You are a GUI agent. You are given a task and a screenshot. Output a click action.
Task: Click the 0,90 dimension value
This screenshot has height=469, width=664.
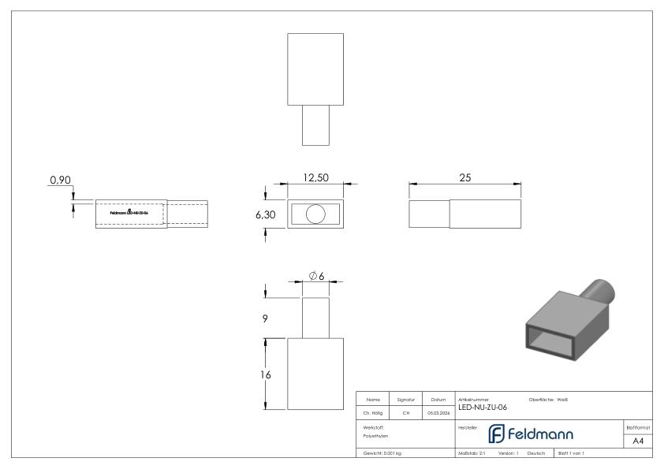click(61, 181)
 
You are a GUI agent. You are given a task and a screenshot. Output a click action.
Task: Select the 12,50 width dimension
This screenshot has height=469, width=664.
click(316, 178)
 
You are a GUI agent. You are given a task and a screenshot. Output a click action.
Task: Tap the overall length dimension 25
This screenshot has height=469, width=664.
click(464, 178)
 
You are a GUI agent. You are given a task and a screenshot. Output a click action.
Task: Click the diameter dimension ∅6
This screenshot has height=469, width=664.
click(317, 275)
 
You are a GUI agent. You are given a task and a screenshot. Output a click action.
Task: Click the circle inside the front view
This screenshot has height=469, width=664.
click(315, 214)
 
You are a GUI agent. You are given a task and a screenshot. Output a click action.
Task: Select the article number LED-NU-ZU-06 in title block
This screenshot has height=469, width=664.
click(482, 408)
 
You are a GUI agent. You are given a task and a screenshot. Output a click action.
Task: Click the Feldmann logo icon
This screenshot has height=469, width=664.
click(496, 434)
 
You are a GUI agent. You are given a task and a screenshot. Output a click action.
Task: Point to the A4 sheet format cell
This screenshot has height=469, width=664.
click(637, 441)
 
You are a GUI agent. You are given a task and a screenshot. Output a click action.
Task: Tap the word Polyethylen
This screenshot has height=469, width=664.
click(375, 436)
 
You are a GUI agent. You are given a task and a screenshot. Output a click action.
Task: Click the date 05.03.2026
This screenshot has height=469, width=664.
click(438, 411)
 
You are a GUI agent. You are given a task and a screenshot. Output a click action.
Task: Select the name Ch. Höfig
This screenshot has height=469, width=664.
click(374, 411)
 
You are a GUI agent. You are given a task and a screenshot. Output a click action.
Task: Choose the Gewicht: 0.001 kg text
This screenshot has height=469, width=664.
click(382, 453)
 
